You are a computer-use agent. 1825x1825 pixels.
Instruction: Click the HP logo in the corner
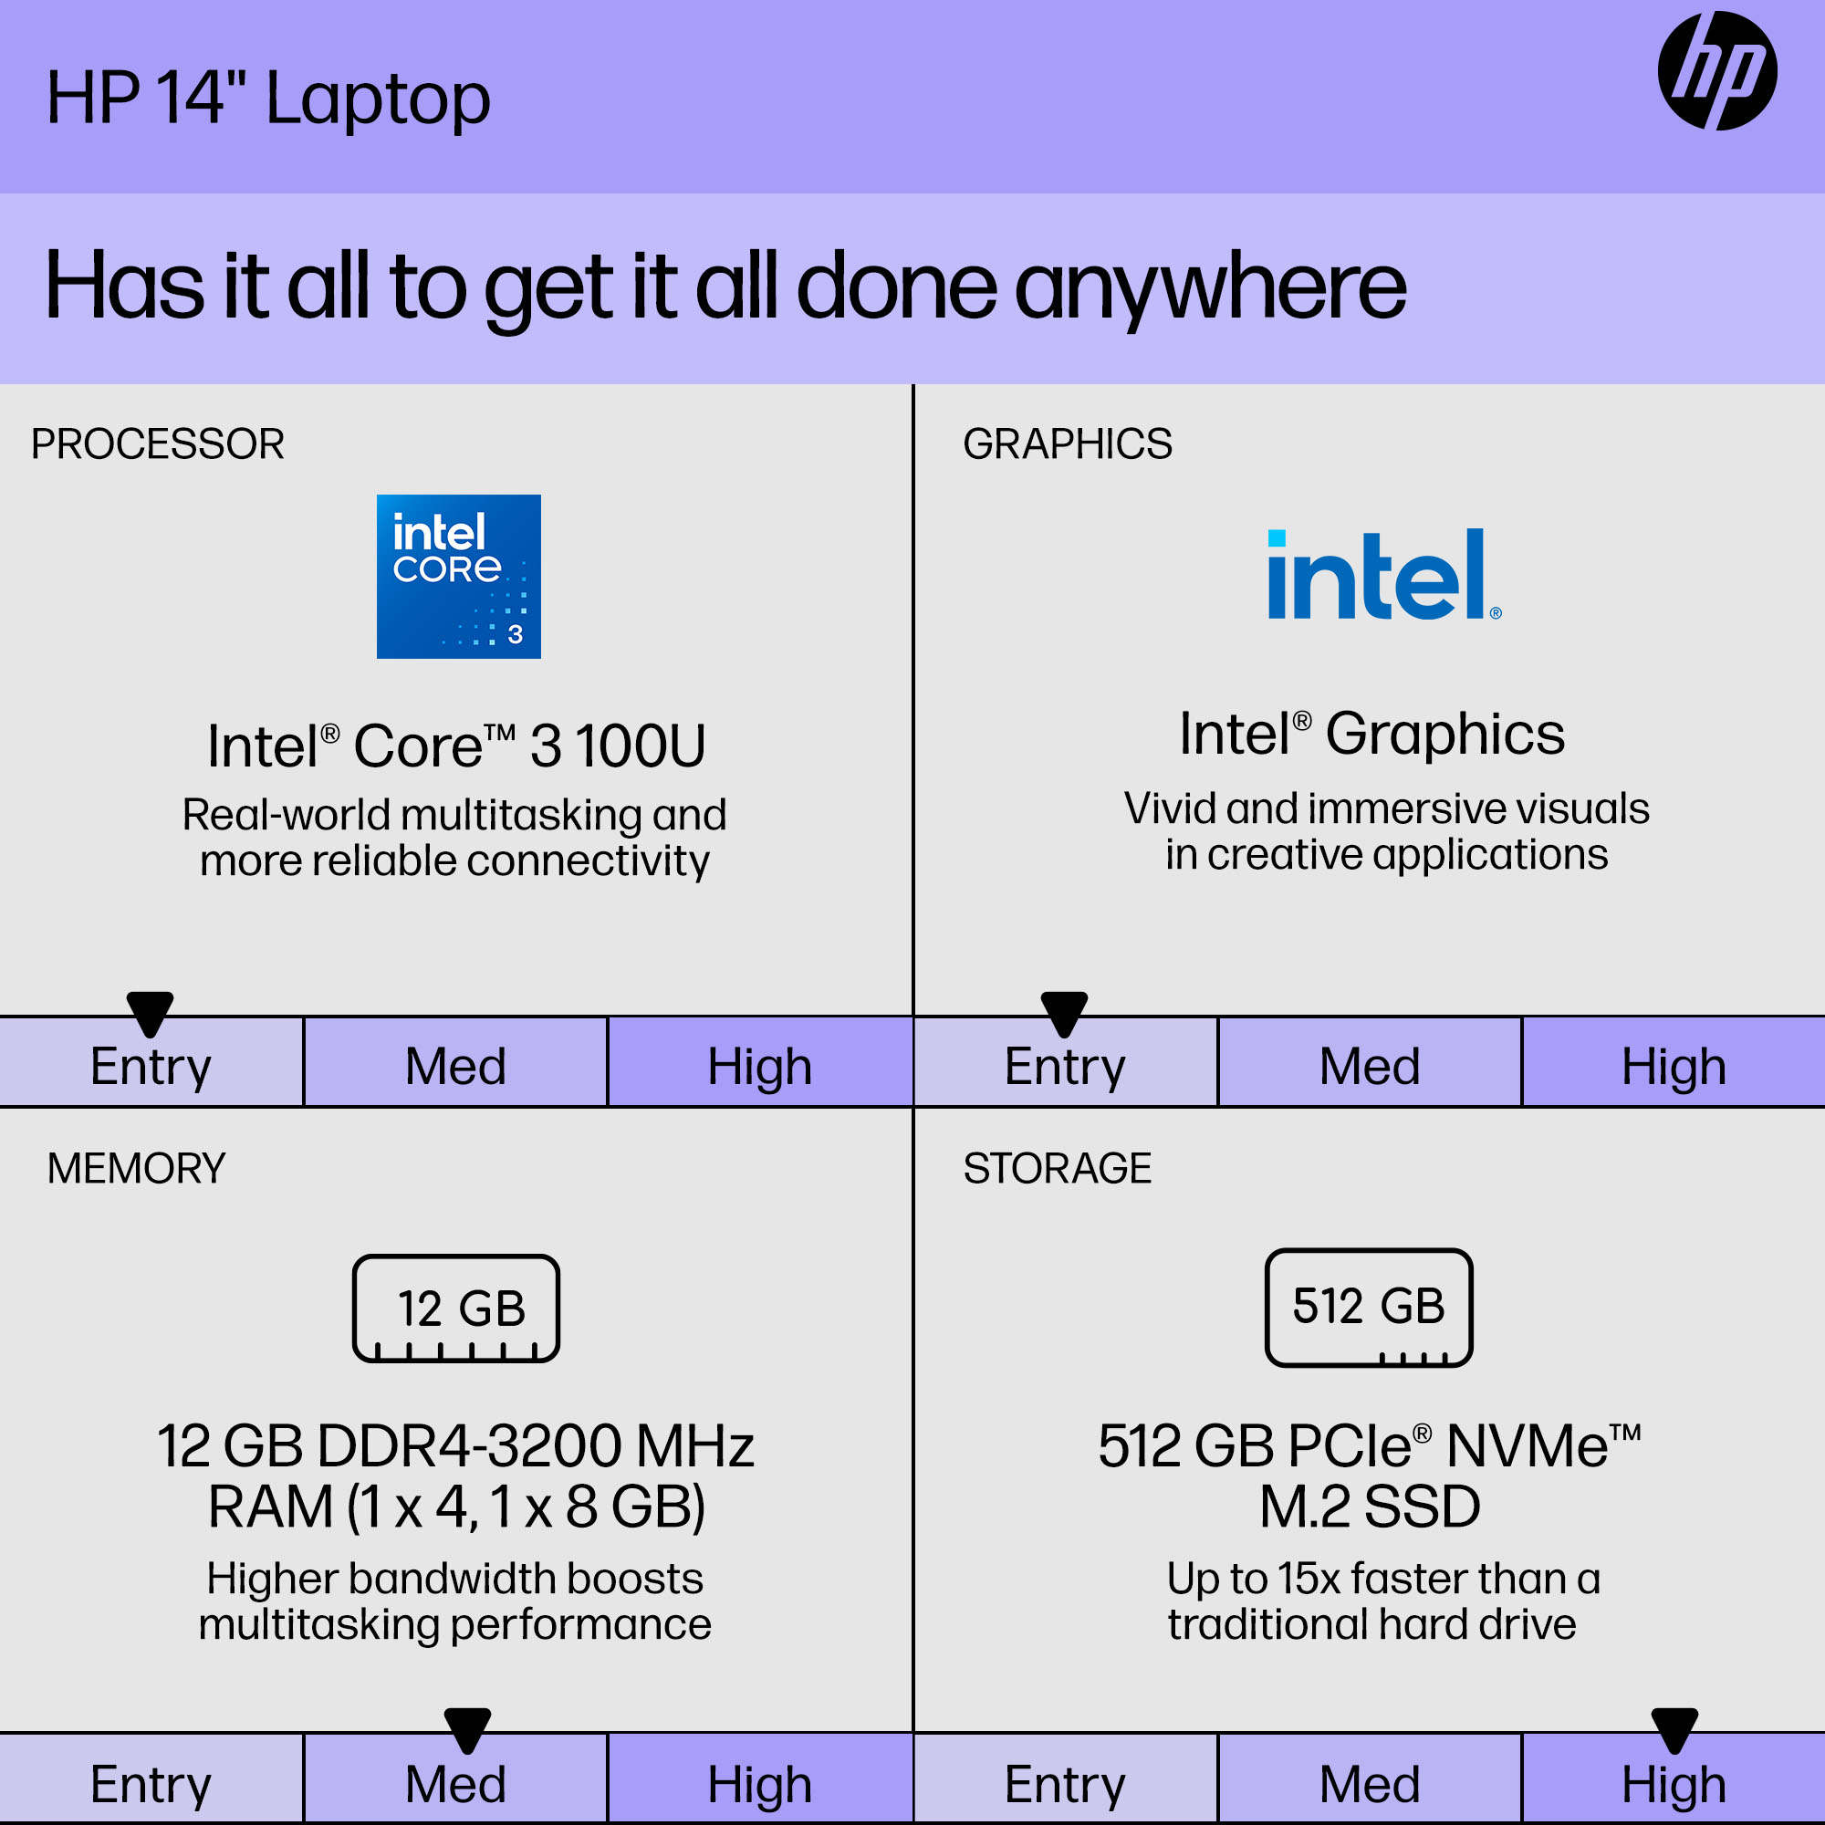coord(1716,71)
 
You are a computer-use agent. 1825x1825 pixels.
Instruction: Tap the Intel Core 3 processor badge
coord(458,576)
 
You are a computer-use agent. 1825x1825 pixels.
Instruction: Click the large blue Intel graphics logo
coord(1384,574)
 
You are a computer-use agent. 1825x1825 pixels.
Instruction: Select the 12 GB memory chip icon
coord(456,1309)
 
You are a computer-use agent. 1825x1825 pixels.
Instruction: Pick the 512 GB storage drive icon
coord(1369,1308)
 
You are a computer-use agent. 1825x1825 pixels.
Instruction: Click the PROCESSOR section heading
coord(158,444)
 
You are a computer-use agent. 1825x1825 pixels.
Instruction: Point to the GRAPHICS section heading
coord(1068,444)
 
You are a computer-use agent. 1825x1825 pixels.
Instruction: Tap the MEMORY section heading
coord(137,1169)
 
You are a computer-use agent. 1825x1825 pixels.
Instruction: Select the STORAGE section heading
coord(1057,1169)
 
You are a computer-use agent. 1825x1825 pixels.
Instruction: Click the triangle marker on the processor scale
coord(151,1013)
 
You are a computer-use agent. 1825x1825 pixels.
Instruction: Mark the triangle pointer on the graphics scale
coord(1065,1013)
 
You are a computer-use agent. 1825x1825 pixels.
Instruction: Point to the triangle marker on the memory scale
coord(467,1729)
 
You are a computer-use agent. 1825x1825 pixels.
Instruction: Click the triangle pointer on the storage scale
coord(1674,1729)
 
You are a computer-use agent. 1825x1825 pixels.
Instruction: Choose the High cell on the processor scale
coord(760,1062)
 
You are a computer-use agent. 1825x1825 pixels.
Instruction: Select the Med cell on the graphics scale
coord(1370,1062)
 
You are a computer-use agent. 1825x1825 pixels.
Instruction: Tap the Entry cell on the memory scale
coord(151,1778)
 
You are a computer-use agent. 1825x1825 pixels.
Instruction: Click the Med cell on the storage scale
coord(1370,1778)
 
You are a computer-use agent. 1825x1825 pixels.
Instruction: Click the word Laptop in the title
coord(378,100)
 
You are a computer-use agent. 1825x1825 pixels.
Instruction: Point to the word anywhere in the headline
coord(1211,288)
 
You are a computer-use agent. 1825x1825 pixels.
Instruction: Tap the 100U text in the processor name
coord(641,746)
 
